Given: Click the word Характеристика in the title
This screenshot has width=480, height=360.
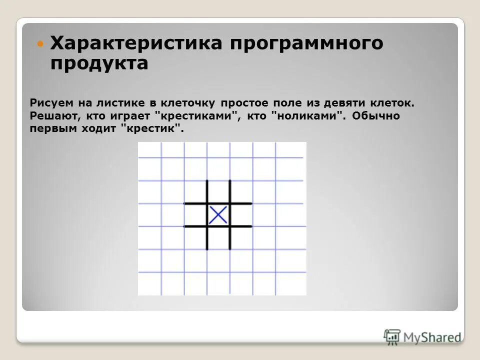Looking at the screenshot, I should [136, 43].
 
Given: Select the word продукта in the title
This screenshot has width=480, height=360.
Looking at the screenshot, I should [99, 64].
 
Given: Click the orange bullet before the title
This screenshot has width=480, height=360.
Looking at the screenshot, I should [41, 43].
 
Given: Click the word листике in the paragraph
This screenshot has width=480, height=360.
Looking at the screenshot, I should [121, 103].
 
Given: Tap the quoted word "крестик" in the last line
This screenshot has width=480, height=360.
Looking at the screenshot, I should [156, 128].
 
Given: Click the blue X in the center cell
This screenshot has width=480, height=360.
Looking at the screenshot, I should [218, 215].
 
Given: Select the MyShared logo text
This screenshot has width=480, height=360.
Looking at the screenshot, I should [432, 337].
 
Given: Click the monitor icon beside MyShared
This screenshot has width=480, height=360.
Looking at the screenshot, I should [392, 336].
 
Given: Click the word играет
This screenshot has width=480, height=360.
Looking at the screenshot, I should [131, 116].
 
